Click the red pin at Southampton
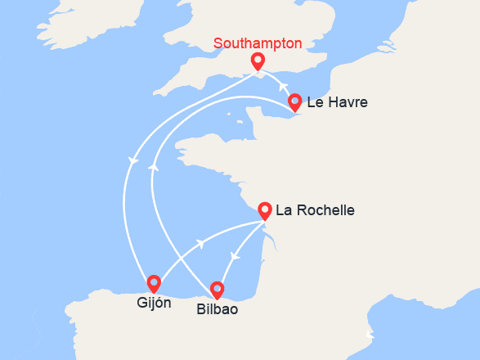258,61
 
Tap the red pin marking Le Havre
295,102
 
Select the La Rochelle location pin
265,209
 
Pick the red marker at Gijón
154,283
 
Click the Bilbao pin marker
217,289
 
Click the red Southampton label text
258,43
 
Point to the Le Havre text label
337,103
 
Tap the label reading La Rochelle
315,210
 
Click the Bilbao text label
217,310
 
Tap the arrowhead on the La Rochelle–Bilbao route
234,257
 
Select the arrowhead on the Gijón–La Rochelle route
200,244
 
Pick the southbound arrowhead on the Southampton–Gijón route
131,160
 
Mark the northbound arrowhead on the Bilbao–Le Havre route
153,166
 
